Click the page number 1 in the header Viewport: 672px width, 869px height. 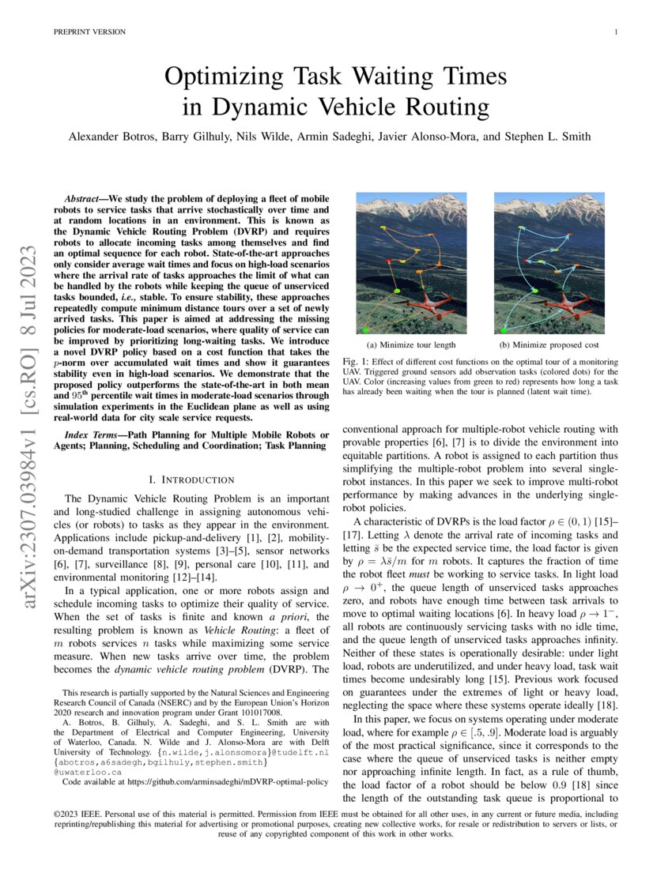[615, 32]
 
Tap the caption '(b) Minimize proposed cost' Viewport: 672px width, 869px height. [549, 345]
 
